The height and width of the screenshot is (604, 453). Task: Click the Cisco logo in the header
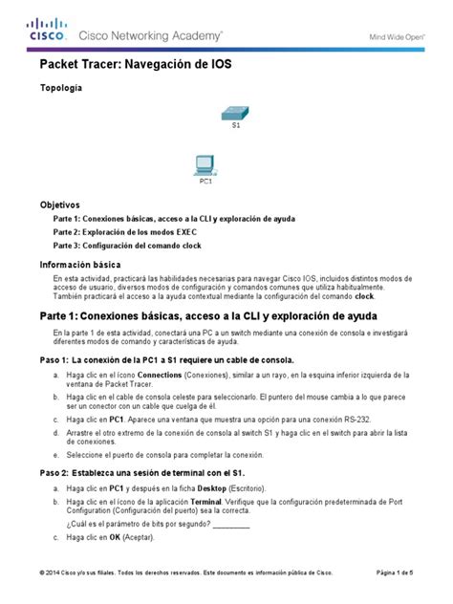pyautogui.click(x=49, y=32)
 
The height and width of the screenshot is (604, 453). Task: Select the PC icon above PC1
pyautogui.click(x=205, y=163)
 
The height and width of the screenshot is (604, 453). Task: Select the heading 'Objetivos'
pyautogui.click(x=60, y=205)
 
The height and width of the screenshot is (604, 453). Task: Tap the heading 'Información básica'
pyautogui.click(x=79, y=263)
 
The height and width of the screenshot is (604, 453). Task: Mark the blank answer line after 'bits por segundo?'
pyautogui.click(x=229, y=525)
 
